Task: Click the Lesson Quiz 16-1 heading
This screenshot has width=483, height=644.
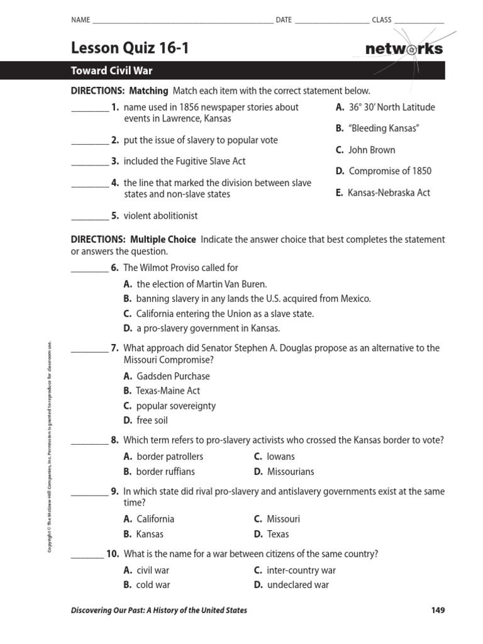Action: coord(129,48)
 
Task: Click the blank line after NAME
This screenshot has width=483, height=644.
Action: coord(182,21)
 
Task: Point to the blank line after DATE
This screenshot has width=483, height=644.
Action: coord(331,21)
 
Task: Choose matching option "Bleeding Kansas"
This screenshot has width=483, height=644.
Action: coord(377,128)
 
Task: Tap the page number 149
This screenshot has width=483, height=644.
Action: coord(438,610)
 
